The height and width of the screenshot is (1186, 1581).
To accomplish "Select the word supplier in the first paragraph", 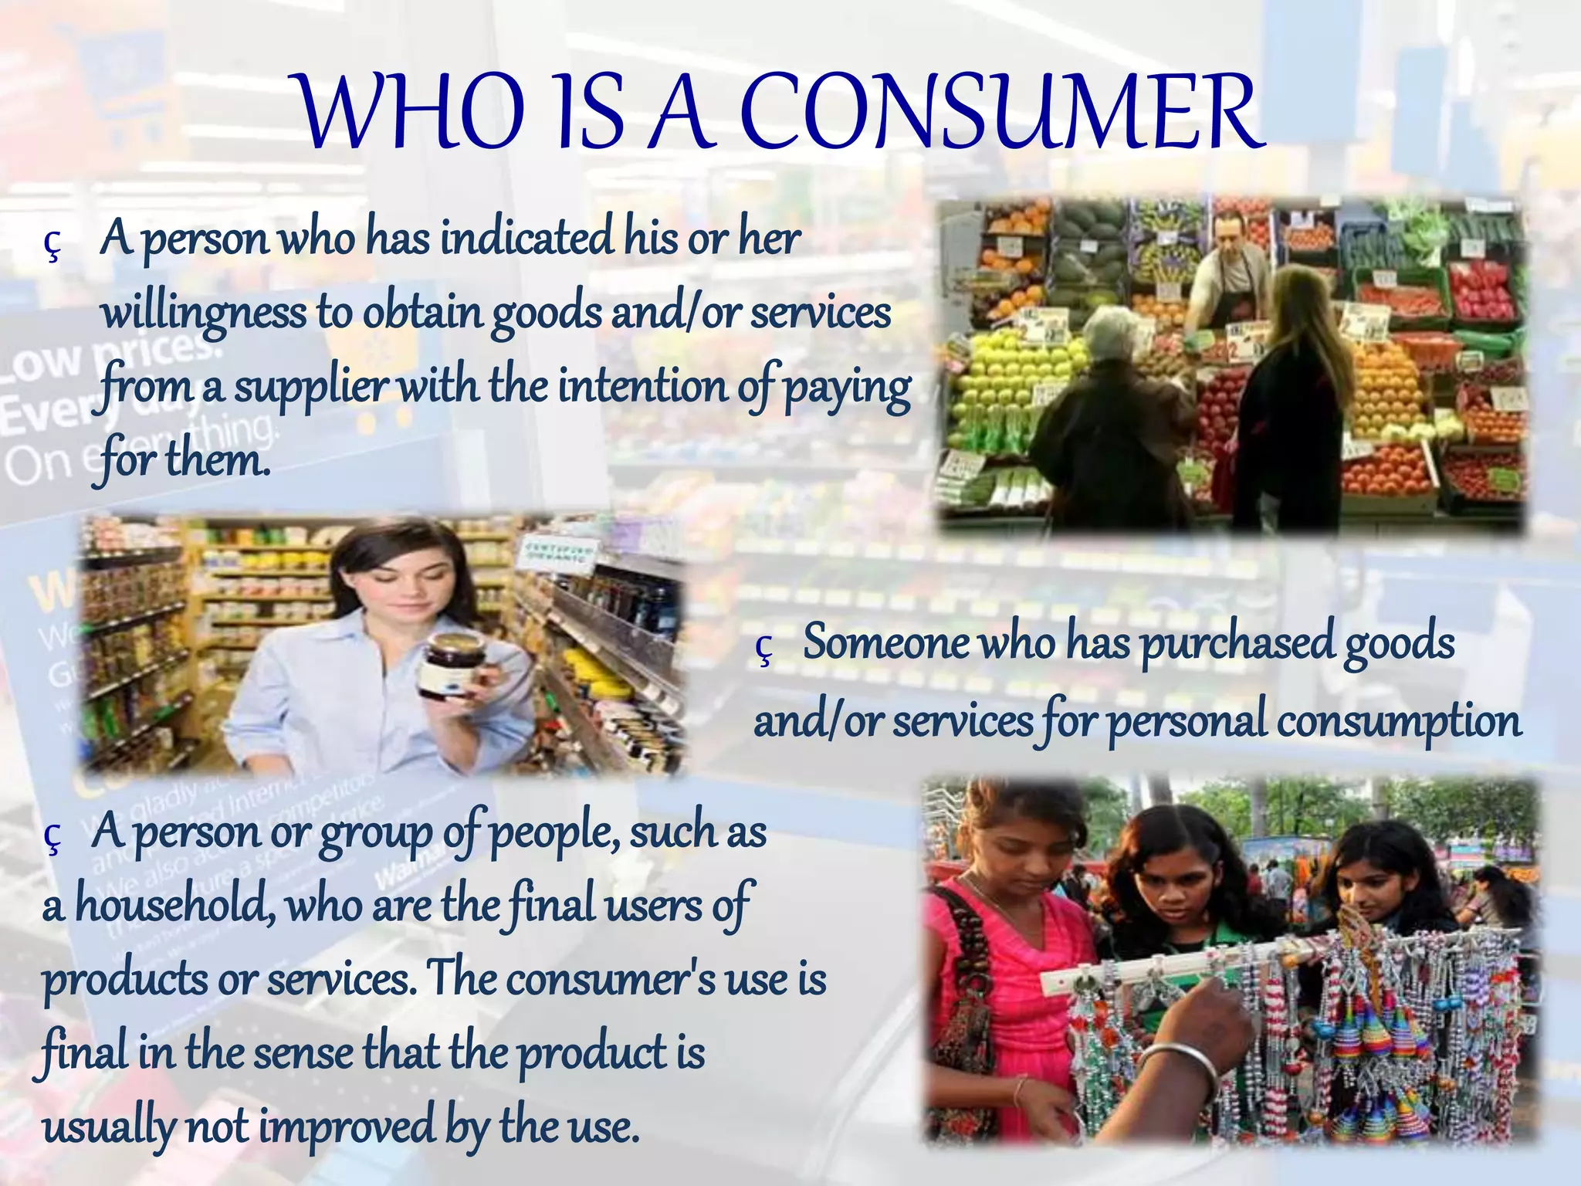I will (x=310, y=387).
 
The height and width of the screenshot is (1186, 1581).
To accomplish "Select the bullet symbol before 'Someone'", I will (x=764, y=649).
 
